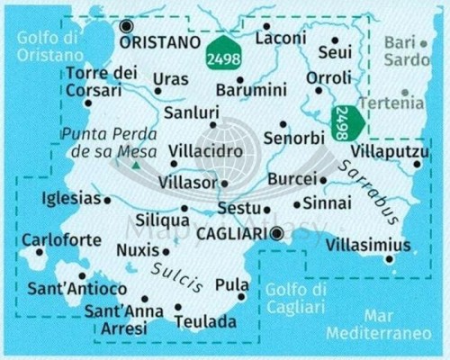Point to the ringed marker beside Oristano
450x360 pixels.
[127, 27]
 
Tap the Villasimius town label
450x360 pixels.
[369, 246]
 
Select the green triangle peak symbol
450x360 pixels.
[136, 166]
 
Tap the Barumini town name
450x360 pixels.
[249, 92]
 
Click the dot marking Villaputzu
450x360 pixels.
[418, 164]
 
